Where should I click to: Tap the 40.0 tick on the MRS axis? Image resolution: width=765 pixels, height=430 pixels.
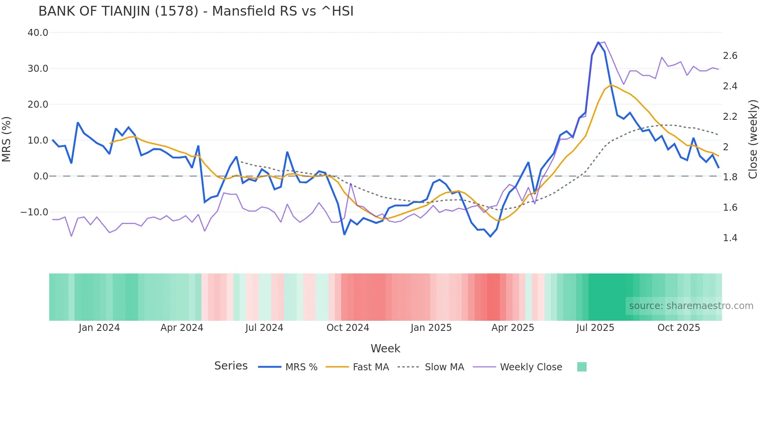[x=38, y=33]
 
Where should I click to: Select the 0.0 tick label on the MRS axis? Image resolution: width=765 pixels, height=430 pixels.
[x=41, y=176]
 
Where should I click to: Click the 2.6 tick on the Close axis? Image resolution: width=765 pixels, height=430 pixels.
[x=730, y=56]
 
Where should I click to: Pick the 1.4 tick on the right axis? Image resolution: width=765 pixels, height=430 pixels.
[x=730, y=238]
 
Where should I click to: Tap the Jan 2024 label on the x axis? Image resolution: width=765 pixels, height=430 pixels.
[x=99, y=328]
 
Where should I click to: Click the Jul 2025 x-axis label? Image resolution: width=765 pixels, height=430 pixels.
[x=595, y=328]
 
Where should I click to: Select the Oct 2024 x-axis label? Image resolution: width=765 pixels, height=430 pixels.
[x=348, y=328]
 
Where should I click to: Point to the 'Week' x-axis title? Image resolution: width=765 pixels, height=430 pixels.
[x=385, y=348]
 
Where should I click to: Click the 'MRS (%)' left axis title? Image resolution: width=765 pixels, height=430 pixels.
[x=7, y=139]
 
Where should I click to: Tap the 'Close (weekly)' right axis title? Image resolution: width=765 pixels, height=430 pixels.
[x=753, y=139]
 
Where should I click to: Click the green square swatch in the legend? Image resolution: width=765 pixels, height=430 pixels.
[x=582, y=367]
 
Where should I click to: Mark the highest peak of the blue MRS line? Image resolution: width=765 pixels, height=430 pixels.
[x=598, y=42]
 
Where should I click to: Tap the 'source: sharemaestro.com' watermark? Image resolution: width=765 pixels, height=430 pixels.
[x=691, y=306]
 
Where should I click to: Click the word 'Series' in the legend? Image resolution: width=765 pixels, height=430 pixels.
[x=231, y=366]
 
